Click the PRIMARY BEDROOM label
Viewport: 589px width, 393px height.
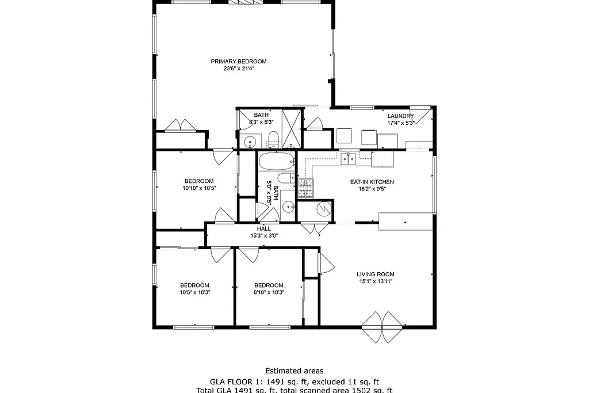(x=238, y=62)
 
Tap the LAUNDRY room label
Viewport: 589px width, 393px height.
(x=400, y=116)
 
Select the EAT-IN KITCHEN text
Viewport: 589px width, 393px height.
(x=372, y=182)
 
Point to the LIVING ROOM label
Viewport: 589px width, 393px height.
(x=376, y=274)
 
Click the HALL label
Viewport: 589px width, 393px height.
(x=264, y=228)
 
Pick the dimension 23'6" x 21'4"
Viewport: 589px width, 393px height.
(x=239, y=68)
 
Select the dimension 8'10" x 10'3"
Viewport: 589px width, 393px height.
(x=269, y=292)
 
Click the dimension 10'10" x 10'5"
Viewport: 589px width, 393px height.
(x=199, y=188)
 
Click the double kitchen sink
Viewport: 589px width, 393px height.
(x=348, y=159)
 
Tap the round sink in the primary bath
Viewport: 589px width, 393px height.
(x=250, y=142)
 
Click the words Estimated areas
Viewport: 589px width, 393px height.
(x=294, y=371)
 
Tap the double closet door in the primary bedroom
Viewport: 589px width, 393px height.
(x=181, y=125)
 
